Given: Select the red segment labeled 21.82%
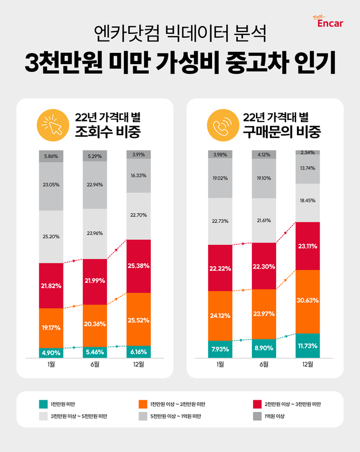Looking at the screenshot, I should [52, 285].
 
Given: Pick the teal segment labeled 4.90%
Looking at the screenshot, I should [52, 352].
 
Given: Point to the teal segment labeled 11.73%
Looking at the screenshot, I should [308, 345].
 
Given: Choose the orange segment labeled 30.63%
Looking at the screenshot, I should [308, 301].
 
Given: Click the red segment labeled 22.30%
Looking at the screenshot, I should [264, 266].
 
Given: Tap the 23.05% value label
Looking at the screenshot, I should [52, 184].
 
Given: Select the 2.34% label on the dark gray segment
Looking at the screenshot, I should [308, 152].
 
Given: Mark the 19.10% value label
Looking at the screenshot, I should [264, 178].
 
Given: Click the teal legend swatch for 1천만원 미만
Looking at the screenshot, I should [43, 404].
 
